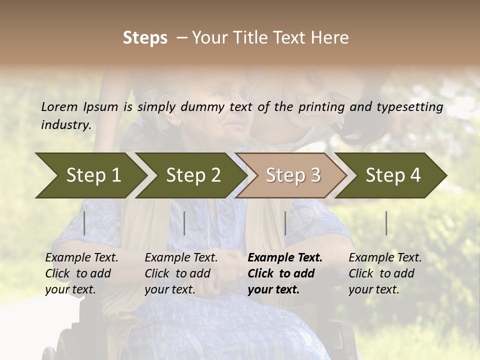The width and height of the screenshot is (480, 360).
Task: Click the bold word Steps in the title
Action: point(145,38)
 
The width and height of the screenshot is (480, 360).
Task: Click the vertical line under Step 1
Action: point(84,223)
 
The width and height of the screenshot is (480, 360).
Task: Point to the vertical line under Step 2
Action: point(184,223)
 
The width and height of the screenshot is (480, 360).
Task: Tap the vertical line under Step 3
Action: point(285,223)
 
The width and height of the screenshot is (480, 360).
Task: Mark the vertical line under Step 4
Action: point(386,223)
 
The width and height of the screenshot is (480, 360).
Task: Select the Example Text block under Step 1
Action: point(81,273)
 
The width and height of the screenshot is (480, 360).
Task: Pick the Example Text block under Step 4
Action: point(385,273)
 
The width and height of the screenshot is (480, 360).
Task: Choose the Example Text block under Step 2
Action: point(181,273)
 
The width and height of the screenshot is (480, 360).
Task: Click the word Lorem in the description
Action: point(59,106)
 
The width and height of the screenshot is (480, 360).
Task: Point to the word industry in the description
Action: point(66,124)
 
